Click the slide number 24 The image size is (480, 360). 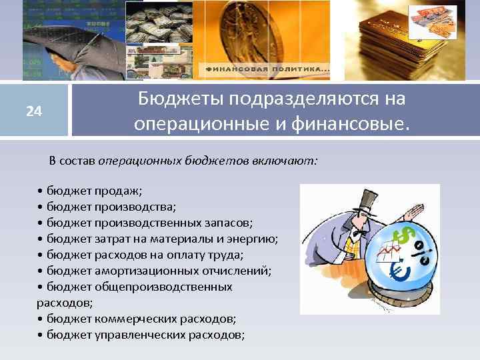point(34,111)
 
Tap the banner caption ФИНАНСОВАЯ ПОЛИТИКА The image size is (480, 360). point(267,69)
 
